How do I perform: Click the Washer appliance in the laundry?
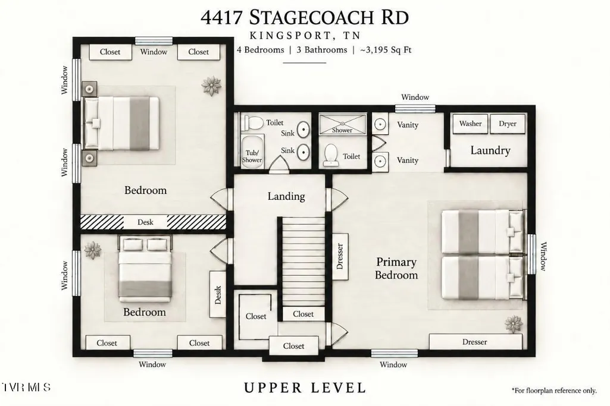(470, 124)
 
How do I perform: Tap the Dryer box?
(507, 124)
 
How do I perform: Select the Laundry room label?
(490, 150)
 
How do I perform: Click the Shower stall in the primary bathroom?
(342, 124)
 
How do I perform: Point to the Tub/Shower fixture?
(252, 152)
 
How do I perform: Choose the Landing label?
(286, 196)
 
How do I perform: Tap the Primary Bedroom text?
(396, 269)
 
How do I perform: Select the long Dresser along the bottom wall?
(476, 342)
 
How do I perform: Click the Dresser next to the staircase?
(340, 256)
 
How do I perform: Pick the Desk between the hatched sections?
(145, 222)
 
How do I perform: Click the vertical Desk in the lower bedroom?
(217, 294)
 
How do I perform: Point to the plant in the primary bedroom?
(513, 324)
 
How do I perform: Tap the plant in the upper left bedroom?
(211, 86)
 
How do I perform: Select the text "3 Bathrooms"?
(322, 50)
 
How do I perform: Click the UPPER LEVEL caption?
(305, 388)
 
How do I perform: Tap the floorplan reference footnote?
(554, 391)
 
